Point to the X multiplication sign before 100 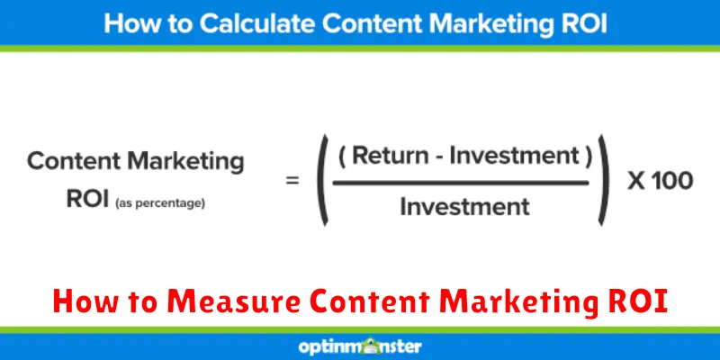pos(635,181)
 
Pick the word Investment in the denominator pos(463,206)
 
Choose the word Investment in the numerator pos(512,157)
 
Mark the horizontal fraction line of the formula pos(463,181)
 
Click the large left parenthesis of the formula pos(321,181)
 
